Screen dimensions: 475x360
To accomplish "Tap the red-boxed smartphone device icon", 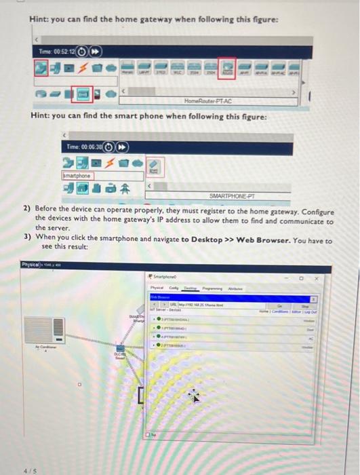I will click(x=154, y=166).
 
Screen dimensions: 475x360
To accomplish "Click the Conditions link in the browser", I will click(x=293, y=312).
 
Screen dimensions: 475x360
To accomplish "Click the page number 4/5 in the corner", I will click(x=29, y=468).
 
